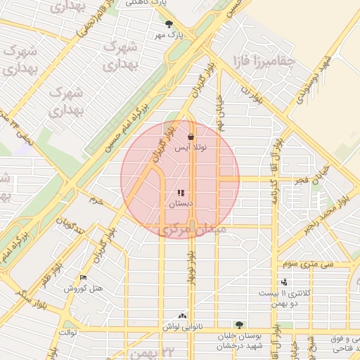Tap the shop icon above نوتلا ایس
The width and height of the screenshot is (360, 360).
point(191,136)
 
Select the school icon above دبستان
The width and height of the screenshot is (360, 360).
point(181,192)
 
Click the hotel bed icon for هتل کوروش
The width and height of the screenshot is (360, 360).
point(84,278)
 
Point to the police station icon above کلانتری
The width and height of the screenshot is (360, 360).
point(285,283)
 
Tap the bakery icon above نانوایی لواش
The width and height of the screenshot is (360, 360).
point(183,316)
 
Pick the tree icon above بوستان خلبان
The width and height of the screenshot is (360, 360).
point(240,325)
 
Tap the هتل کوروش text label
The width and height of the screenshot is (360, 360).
point(84,288)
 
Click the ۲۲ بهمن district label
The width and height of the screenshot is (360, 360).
point(148,351)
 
